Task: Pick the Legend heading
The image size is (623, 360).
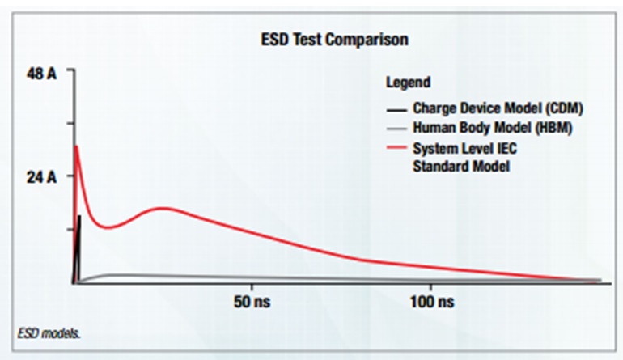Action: pos(408,83)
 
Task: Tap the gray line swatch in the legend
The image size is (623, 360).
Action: pos(395,128)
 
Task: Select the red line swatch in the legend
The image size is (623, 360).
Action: pos(395,149)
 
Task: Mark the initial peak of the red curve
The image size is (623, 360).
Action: pos(75,146)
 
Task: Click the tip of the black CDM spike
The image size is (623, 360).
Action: pos(79,216)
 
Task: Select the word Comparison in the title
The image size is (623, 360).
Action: pos(373,39)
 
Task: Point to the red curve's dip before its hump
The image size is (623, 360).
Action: pos(108,227)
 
